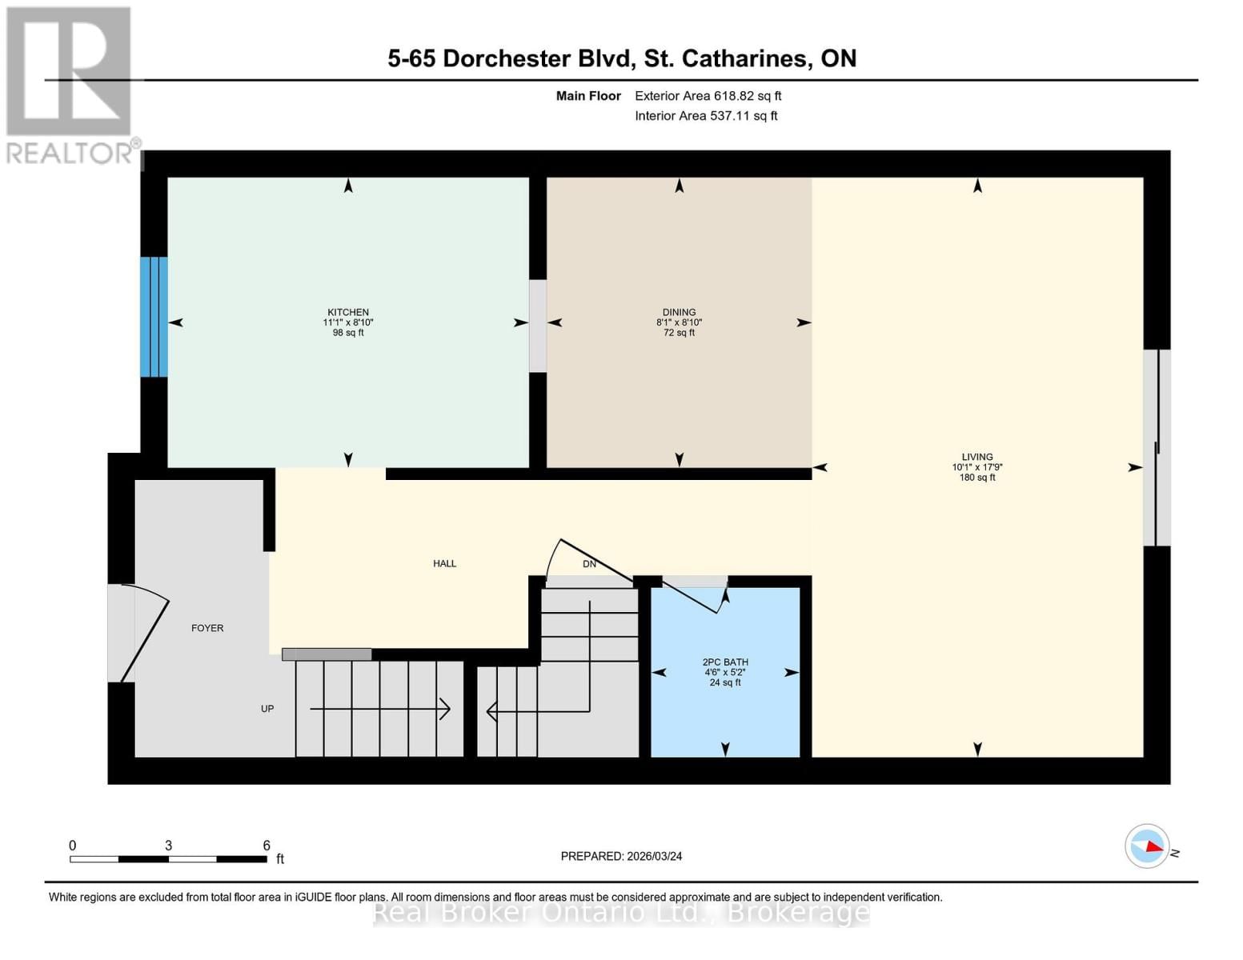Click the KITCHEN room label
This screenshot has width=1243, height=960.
click(348, 313)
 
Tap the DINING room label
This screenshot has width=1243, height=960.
click(679, 313)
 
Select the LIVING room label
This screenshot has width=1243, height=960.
click(977, 458)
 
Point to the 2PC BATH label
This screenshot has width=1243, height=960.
click(725, 662)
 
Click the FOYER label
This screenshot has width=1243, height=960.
click(207, 629)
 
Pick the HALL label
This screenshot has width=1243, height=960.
click(444, 564)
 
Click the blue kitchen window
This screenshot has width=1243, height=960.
click(154, 317)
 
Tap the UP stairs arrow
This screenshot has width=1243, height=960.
click(380, 709)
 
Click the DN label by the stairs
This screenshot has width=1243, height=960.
click(589, 564)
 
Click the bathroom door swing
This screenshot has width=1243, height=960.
click(692, 596)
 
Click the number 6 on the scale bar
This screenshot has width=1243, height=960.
click(267, 846)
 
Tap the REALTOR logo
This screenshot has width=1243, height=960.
click(70, 85)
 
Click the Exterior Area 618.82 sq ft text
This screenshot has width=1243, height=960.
click(708, 96)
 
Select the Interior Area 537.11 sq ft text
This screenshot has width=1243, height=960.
click(706, 116)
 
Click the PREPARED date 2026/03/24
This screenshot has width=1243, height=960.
click(621, 857)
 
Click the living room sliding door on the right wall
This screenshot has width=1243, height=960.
click(1157, 448)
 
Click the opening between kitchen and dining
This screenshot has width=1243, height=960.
click(538, 326)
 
